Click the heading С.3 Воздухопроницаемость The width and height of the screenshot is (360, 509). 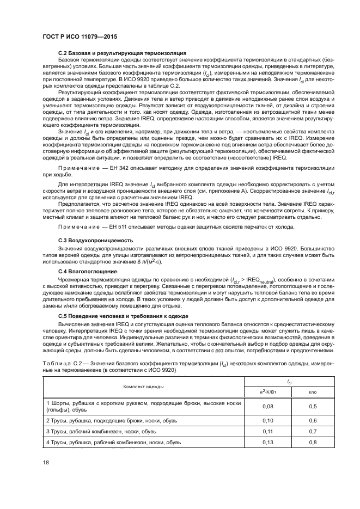coord(92,240)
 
